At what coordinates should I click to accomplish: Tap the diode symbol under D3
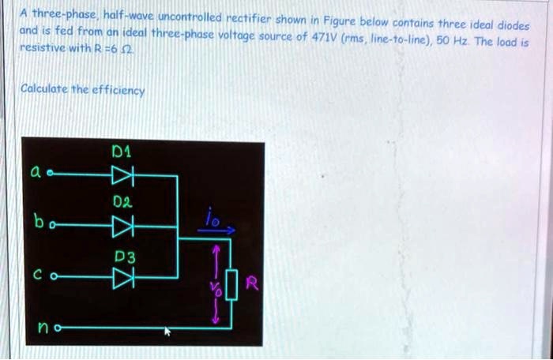tap(123, 278)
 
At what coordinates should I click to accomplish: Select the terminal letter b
tap(36, 223)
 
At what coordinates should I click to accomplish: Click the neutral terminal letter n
tap(39, 327)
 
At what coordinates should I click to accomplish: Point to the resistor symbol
tap(231, 283)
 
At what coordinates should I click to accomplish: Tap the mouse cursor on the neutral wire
tap(167, 332)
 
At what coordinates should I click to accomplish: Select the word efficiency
tap(118, 91)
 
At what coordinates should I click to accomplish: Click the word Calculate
tap(45, 89)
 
